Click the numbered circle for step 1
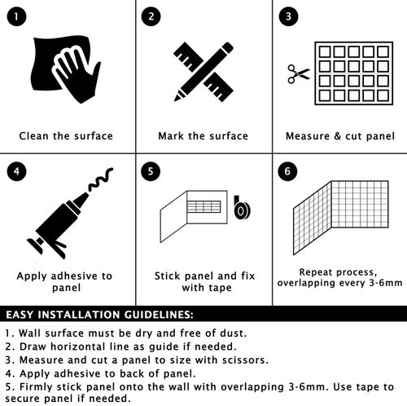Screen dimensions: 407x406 [x=16, y=16]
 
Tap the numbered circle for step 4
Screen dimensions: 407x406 [x=16, y=171]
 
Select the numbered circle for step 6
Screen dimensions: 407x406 [x=287, y=171]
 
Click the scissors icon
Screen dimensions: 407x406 [x=299, y=73]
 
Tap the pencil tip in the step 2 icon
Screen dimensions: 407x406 [x=177, y=98]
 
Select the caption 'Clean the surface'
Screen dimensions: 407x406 [x=66, y=136]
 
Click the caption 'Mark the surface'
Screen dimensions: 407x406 [x=203, y=136]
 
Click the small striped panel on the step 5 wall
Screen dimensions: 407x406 [x=203, y=207]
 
